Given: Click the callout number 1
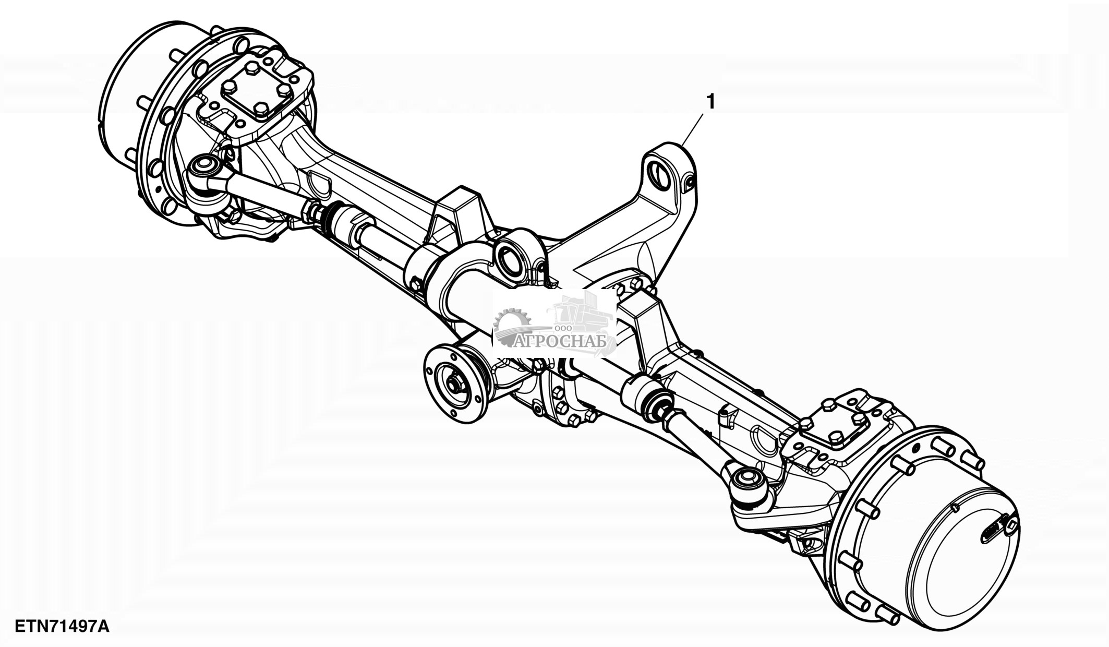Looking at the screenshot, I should coord(710,102).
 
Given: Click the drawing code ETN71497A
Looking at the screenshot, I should coord(62,626).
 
